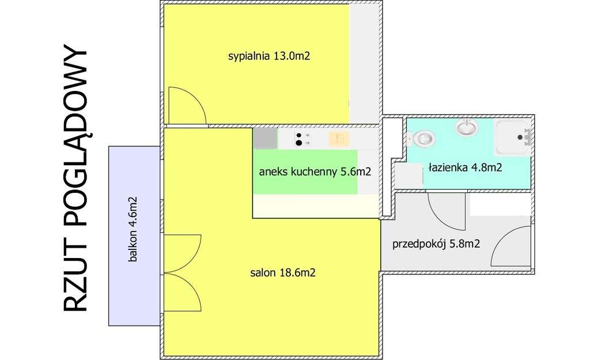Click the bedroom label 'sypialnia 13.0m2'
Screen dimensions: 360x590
tap(265, 56)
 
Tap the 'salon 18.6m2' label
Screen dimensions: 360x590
tap(282, 272)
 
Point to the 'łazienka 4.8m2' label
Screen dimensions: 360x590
tap(465, 168)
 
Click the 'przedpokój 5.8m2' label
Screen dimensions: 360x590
tap(436, 244)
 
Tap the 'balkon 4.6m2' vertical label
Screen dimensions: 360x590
tap(134, 229)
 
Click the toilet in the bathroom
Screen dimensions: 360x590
tap(423, 138)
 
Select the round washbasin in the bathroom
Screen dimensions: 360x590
tap(466, 127)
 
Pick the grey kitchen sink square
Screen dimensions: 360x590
tap(265, 138)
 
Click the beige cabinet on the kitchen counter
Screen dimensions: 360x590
tap(338, 138)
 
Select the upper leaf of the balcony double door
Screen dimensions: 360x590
tap(182, 252)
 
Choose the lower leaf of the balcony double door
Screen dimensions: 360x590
tap(182, 291)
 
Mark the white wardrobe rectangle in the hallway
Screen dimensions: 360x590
tap(500, 204)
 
